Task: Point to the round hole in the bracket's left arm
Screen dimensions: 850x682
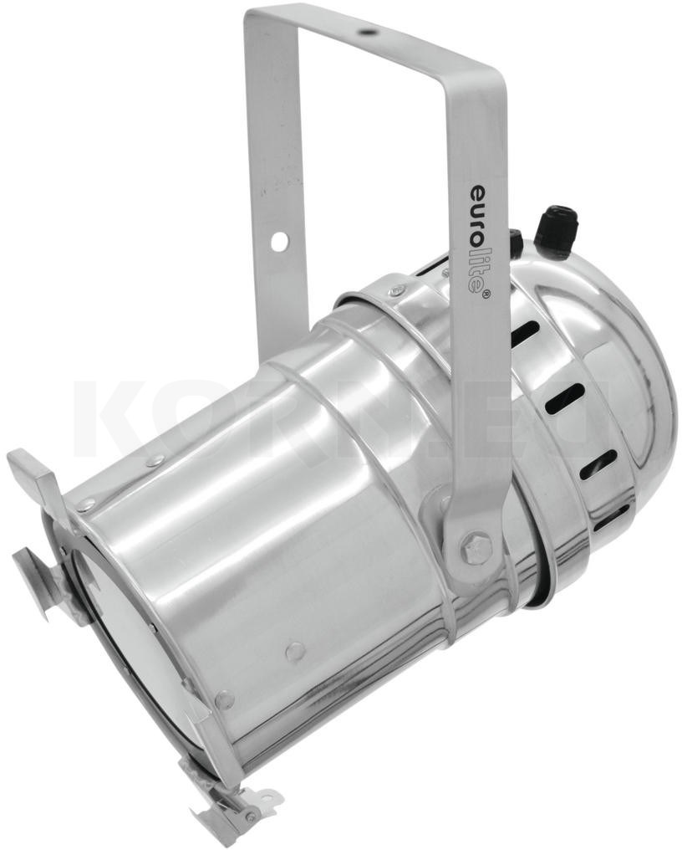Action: (x=279, y=241)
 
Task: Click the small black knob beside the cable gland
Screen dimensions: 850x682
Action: (x=515, y=243)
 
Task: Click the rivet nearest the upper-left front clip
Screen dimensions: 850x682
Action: (x=86, y=504)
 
